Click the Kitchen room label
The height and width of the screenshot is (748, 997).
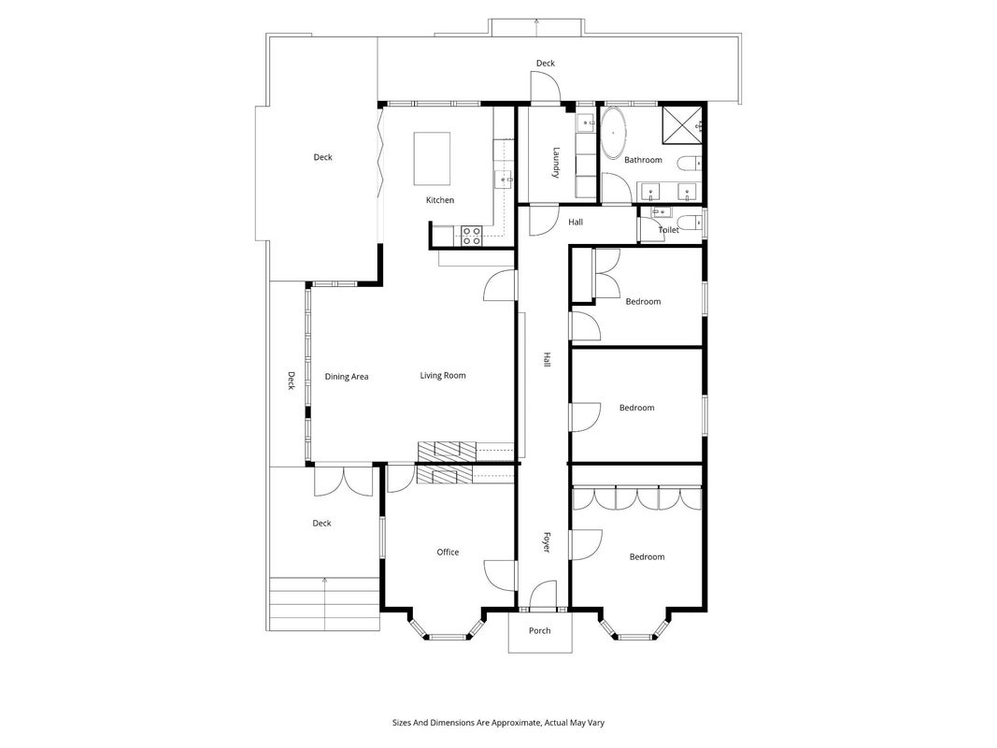click(440, 200)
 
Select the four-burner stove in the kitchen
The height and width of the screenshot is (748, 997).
click(471, 236)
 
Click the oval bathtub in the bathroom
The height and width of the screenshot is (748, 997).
click(614, 133)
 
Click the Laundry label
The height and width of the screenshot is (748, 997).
click(556, 163)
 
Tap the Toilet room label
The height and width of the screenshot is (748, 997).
click(668, 230)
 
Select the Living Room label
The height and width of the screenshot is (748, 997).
click(443, 376)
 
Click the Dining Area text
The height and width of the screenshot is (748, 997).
click(347, 377)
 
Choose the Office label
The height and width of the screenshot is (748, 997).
click(448, 552)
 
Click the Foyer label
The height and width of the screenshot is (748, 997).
click(546, 542)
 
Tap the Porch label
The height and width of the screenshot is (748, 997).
click(540, 631)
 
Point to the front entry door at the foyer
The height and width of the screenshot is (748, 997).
click(543, 596)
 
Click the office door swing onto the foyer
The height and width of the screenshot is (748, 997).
click(499, 575)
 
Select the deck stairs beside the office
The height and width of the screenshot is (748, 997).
click(325, 604)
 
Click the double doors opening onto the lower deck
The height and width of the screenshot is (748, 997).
click(343, 482)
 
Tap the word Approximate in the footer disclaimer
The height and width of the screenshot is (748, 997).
click(520, 723)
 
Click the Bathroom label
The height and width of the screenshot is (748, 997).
click(643, 160)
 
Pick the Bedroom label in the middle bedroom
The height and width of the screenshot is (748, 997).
click(636, 409)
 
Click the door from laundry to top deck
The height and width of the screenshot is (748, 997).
click(545, 87)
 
